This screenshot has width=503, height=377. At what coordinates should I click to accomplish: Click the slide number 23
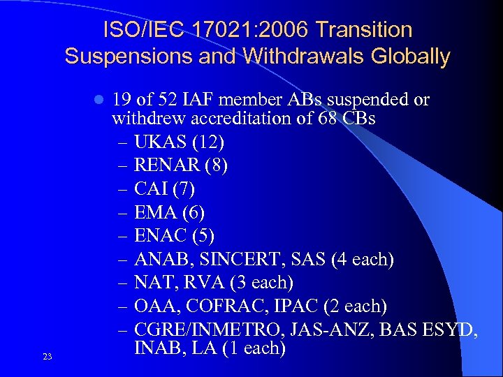48,357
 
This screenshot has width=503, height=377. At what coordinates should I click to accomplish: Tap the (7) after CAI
182,189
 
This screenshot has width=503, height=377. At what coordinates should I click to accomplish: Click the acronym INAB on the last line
137,346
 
